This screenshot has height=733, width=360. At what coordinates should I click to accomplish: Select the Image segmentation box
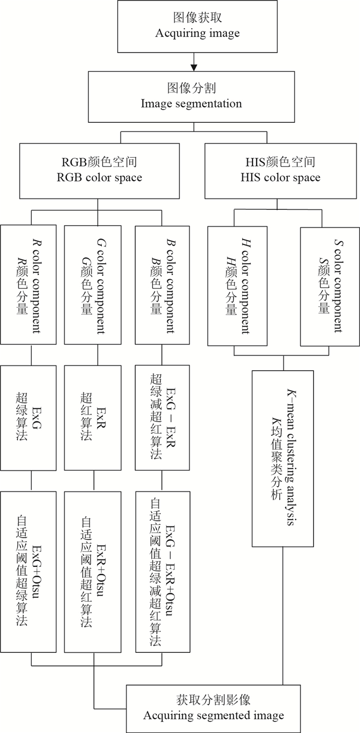click(x=191, y=96)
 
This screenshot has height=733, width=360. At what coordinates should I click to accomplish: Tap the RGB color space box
click(x=99, y=170)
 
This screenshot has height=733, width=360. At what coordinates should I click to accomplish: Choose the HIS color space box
click(x=280, y=170)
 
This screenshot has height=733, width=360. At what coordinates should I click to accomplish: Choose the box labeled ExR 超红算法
click(x=93, y=418)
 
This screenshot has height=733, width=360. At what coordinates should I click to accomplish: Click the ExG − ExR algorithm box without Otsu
click(x=163, y=418)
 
